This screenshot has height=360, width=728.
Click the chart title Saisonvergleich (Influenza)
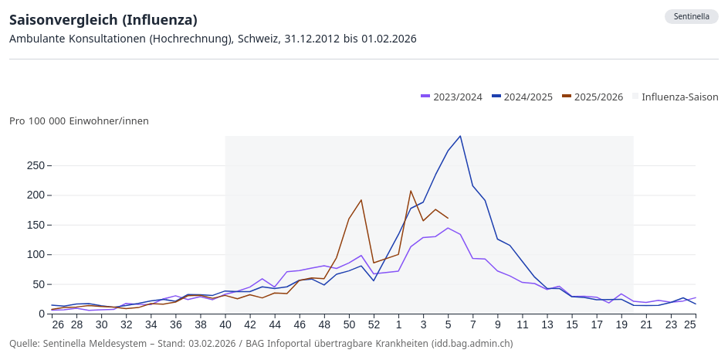[103, 19]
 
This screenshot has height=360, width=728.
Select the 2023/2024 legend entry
[452, 97]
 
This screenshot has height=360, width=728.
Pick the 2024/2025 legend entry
[523, 97]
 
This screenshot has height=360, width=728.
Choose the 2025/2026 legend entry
[593, 97]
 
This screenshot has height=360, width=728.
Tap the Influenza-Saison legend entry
[675, 97]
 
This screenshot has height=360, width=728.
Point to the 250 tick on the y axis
[34, 165]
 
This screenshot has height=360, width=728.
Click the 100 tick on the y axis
[34, 255]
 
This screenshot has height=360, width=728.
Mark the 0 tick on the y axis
[42, 314]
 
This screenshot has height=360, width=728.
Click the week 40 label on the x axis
[225, 325]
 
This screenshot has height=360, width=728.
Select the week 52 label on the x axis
[374, 325]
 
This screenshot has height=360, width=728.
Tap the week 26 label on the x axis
[58, 325]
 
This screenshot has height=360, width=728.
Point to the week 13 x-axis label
[547, 325]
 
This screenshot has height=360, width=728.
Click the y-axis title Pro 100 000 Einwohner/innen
[79, 121]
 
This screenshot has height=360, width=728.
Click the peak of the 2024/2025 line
[460, 137]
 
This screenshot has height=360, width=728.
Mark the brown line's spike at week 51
[361, 200]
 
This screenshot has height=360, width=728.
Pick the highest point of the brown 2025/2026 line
[411, 191]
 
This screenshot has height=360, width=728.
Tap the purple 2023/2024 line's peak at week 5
[448, 228]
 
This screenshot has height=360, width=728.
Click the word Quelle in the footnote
[25, 343]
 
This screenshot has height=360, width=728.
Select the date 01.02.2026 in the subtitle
[385, 39]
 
